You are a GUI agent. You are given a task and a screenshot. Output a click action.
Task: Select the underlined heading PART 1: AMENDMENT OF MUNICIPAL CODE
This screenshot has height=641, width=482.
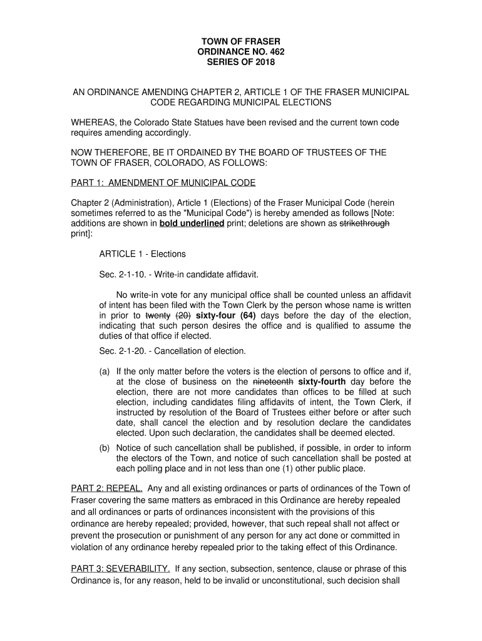pyautogui.click(x=163, y=182)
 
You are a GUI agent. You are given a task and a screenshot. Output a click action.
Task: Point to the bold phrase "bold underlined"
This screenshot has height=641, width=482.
pyautogui.click(x=192, y=223)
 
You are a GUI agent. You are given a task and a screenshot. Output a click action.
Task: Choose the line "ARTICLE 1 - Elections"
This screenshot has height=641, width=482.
pyautogui.click(x=142, y=254)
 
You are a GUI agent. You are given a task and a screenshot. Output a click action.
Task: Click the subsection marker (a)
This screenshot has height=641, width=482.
pyautogui.click(x=105, y=371)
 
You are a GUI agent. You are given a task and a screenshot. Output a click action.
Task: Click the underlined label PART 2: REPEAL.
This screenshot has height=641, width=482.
pyautogui.click(x=106, y=488)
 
